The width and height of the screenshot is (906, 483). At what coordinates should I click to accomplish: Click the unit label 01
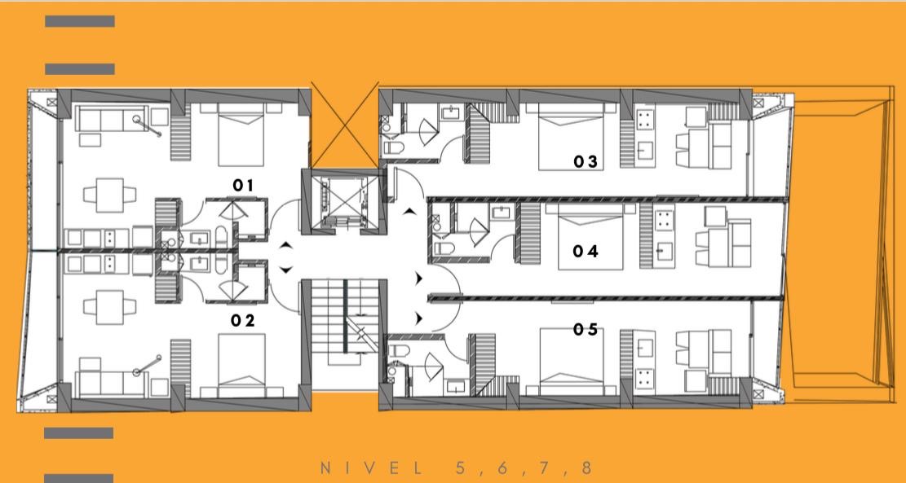coord(243,185)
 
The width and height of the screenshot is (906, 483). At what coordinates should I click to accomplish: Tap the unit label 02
coord(243,321)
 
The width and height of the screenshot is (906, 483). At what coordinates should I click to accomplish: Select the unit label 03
coord(586,162)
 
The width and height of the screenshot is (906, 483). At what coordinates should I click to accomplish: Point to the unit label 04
coord(586,252)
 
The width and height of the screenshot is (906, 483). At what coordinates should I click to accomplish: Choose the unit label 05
coord(586,330)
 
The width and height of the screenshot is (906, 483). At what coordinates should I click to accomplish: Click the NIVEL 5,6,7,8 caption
coord(457,468)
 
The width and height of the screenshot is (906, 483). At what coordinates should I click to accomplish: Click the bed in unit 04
coord(590,236)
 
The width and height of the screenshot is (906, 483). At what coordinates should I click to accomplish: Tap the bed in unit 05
coord(572,362)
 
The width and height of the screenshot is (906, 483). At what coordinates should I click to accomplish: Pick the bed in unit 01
coord(241,135)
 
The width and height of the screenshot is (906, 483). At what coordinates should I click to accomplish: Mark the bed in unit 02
coord(241,365)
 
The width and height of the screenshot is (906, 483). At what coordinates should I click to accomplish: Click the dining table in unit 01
coord(110,195)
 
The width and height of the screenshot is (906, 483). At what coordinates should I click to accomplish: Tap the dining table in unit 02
coord(110,306)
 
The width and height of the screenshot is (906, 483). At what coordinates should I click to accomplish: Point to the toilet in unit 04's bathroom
coord(443,248)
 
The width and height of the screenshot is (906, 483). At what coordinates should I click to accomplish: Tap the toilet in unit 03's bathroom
coord(393,148)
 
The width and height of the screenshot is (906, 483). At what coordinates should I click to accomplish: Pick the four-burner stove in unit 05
coord(644,378)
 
